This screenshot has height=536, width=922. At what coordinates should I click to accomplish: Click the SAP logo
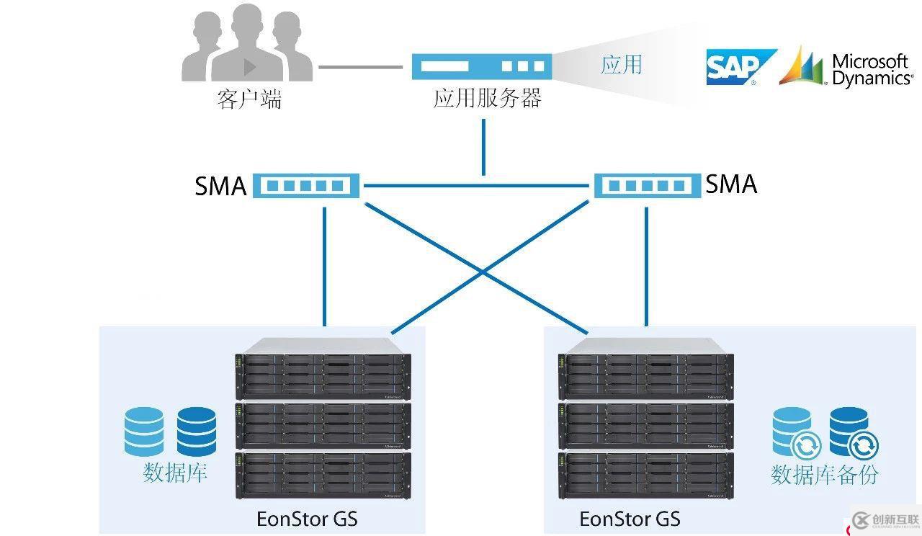[740, 67]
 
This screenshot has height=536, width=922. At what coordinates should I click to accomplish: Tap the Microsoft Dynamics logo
[846, 67]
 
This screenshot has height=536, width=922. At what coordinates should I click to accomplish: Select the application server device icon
[482, 66]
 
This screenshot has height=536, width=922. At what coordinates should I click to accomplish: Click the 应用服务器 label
[487, 98]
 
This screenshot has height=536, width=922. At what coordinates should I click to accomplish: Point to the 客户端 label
[249, 99]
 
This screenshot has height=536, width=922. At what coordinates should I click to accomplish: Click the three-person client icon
[247, 45]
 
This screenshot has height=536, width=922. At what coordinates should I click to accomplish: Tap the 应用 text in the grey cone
[621, 65]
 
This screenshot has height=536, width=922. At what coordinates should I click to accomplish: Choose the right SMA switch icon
[645, 185]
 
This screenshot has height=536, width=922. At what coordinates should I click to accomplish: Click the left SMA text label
[220, 187]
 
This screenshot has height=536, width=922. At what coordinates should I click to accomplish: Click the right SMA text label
[731, 184]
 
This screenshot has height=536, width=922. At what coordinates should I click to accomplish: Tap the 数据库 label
[175, 473]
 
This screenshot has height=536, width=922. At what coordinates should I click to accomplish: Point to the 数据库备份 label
[825, 474]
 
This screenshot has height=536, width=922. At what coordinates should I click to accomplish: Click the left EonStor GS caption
[307, 519]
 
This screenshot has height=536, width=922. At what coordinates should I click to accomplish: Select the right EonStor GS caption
[630, 519]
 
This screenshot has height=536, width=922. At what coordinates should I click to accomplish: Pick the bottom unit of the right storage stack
[645, 475]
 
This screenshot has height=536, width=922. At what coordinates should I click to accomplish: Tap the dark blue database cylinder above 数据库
[197, 432]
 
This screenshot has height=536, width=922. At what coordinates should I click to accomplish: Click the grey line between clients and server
[360, 68]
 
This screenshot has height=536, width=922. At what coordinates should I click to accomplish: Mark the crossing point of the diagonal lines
[485, 274]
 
